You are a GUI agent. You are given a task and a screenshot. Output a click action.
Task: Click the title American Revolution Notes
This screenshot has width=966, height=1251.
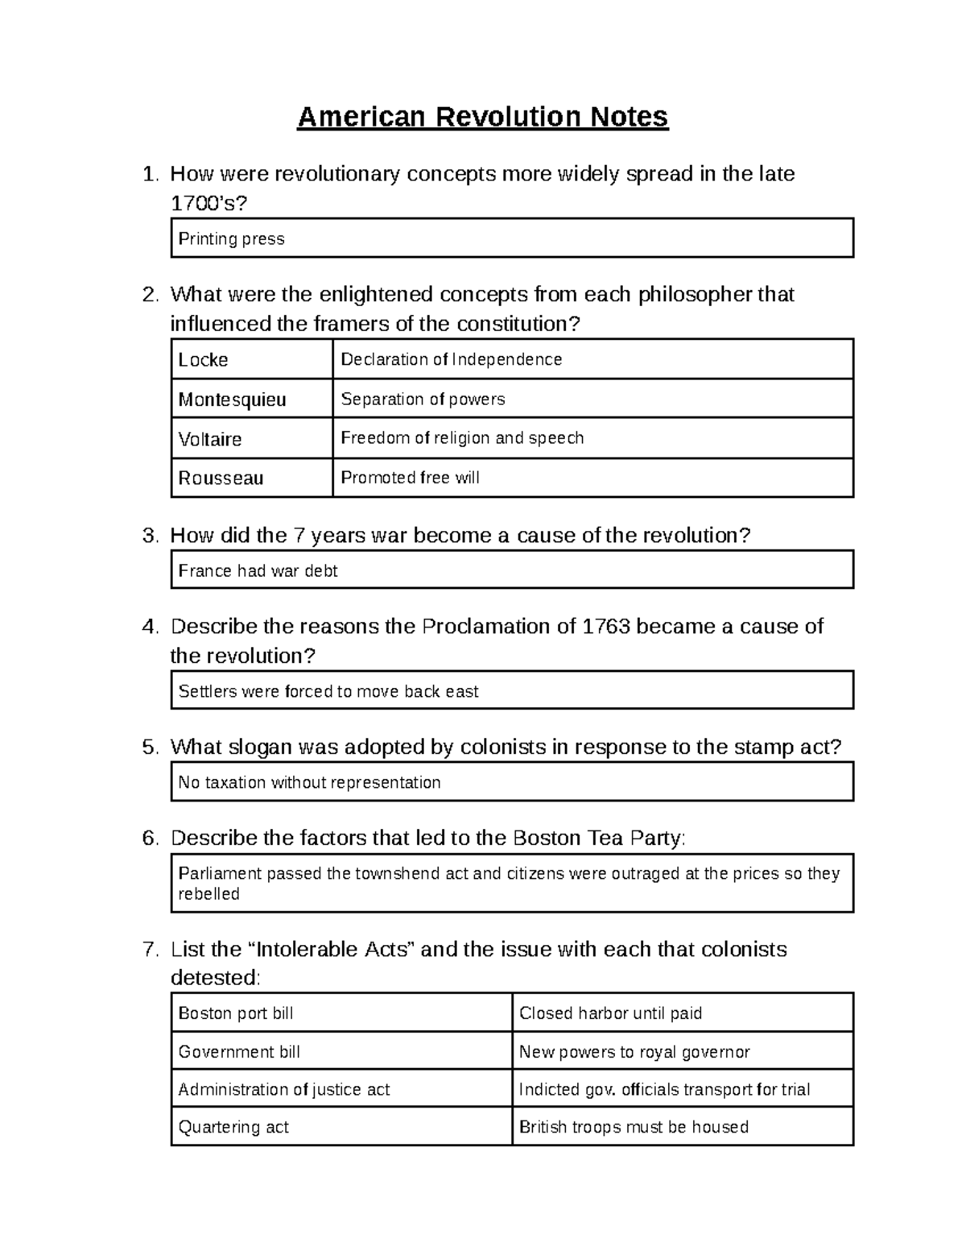[x=482, y=118]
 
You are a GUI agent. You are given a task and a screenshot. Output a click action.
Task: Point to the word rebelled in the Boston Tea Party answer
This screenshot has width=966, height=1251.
[x=209, y=894]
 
